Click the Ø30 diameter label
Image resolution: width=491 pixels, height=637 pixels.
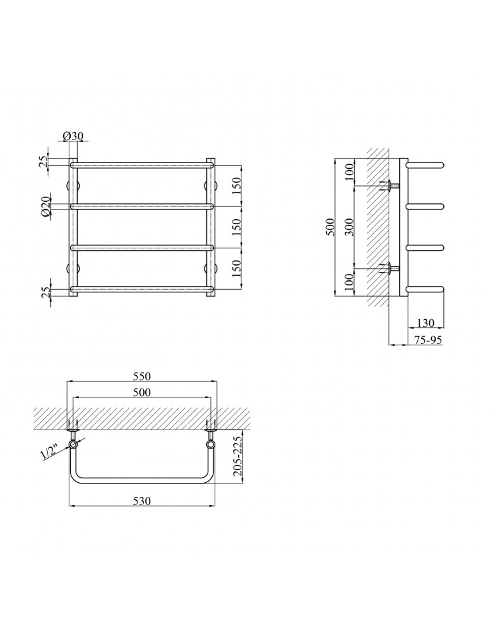(73, 136)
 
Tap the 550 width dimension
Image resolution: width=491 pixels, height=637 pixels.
(142, 376)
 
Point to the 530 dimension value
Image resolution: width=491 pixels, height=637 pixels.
(142, 501)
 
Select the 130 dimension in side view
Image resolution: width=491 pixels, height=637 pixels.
(425, 323)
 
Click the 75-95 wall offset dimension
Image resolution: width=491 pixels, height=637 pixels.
(428, 340)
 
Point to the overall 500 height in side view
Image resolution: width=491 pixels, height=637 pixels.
(331, 227)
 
